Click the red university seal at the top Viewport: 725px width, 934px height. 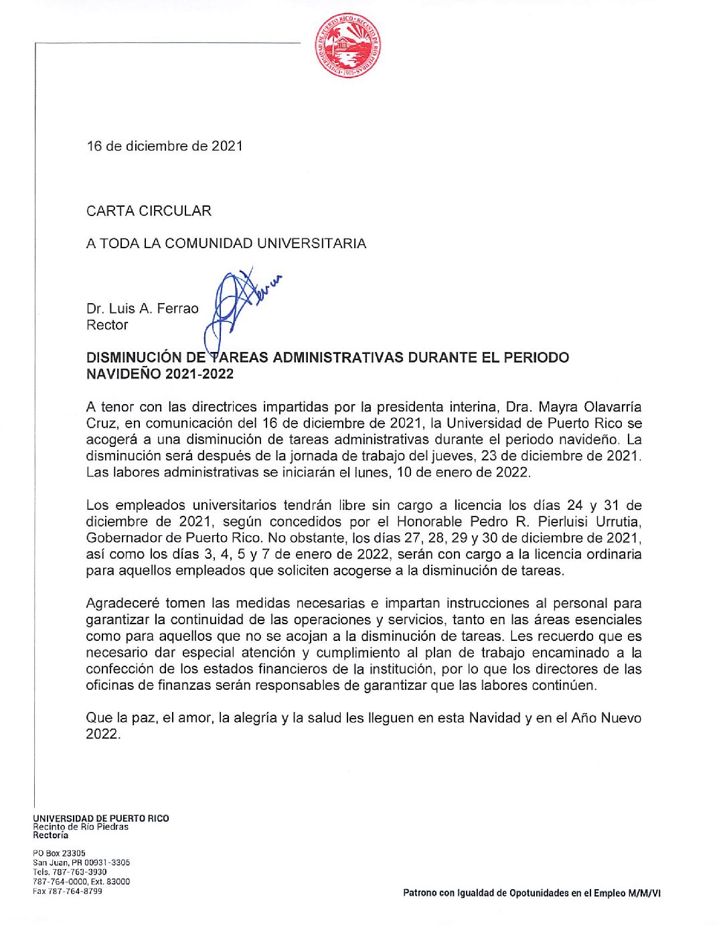(348, 45)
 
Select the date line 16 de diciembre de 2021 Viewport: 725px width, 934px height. (164, 146)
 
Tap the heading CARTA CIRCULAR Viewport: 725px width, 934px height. (149, 211)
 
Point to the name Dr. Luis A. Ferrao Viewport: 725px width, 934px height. (142, 308)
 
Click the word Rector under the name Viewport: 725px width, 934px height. (106, 325)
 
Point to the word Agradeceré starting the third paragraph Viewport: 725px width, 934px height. (123, 603)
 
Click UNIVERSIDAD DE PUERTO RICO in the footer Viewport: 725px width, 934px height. (101, 818)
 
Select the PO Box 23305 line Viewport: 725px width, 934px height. (59, 853)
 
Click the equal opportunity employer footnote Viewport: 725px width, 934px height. (532, 893)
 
